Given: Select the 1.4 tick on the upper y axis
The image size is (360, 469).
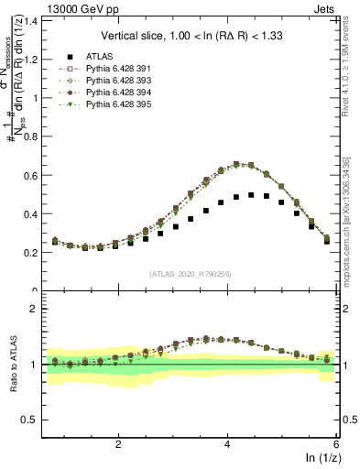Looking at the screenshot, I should pos(35,21).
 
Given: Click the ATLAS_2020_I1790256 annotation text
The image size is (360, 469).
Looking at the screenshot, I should pos(191,273).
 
